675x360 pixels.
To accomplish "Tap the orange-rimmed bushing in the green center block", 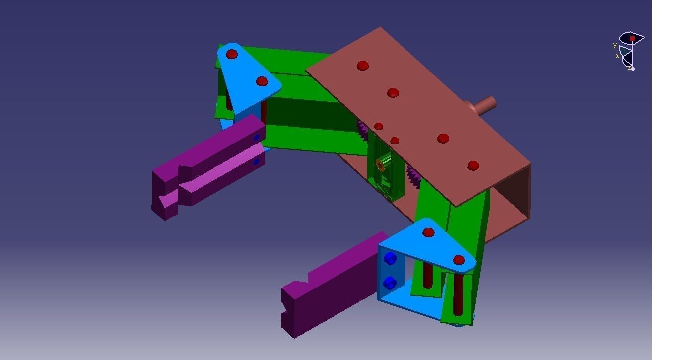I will [x=381, y=164].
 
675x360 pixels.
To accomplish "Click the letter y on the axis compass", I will [x=615, y=45].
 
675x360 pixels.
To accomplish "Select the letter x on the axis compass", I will [x=618, y=56].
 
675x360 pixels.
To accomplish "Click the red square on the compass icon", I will [x=632, y=38].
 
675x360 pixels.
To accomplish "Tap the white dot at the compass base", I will [x=633, y=69].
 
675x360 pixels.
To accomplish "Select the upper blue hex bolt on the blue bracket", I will [x=391, y=258].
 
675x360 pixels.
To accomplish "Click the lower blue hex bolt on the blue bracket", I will [x=390, y=283].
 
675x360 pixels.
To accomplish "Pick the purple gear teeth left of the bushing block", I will [x=363, y=130].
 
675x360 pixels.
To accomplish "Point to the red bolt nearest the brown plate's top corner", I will [x=363, y=66].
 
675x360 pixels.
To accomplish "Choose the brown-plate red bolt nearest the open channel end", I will [x=473, y=165].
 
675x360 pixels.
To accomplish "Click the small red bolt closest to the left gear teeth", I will [x=379, y=126].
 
